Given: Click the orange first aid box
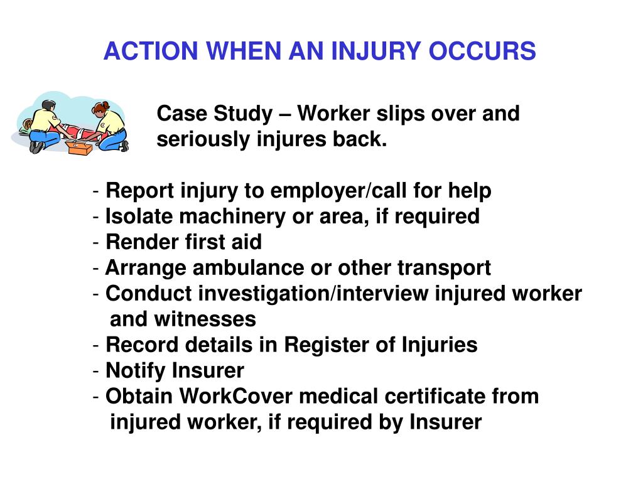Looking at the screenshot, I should (x=78, y=147).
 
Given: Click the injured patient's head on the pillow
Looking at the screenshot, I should (x=26, y=124).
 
